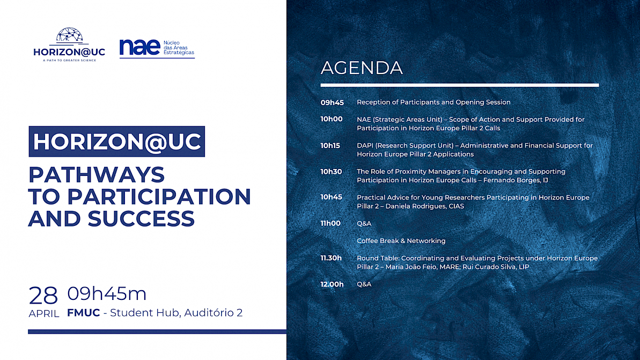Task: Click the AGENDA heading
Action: (362, 68)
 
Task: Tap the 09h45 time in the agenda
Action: (332, 102)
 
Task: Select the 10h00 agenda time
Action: (332, 119)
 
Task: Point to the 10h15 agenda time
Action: (330, 146)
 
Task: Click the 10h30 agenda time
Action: (331, 172)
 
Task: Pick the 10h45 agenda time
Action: (331, 197)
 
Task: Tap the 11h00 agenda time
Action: (330, 223)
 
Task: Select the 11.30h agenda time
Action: (331, 258)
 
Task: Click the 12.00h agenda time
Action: (332, 284)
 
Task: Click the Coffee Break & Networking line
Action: (401, 241)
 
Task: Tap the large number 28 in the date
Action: (43, 296)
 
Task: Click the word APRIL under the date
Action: (44, 314)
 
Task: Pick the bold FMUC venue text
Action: (83, 313)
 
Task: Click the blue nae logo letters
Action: (139, 47)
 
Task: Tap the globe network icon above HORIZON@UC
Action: (69, 35)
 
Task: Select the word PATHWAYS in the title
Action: (97, 175)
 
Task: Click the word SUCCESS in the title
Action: (141, 219)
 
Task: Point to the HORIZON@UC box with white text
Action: (117, 142)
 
